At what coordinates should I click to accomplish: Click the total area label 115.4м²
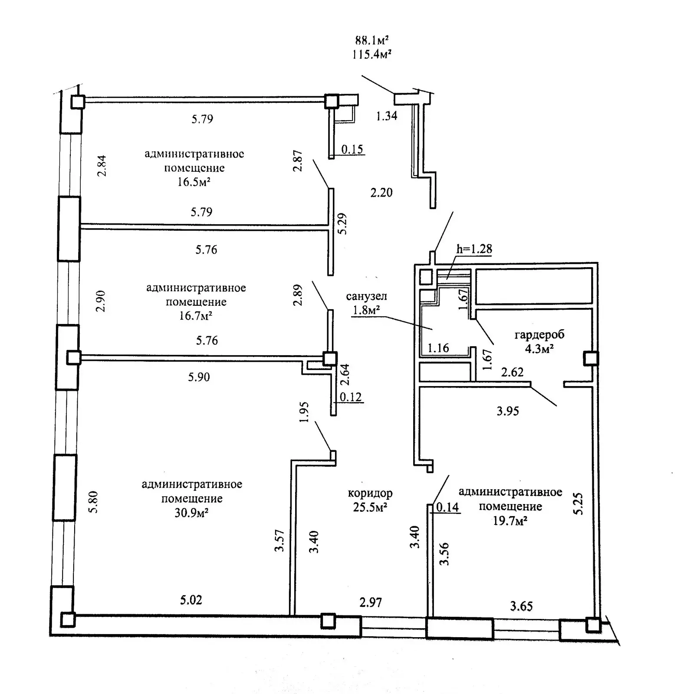coord(371,54)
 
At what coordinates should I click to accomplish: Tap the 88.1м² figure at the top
coord(371,41)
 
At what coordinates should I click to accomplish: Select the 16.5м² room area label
coord(194,182)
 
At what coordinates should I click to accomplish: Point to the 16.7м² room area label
coord(195,315)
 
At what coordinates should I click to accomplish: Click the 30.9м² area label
coord(191,513)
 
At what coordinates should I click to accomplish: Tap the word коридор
coord(370,493)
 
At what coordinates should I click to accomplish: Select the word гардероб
coord(539,335)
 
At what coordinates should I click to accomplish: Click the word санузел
coord(366,296)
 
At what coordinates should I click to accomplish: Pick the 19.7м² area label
coord(510,520)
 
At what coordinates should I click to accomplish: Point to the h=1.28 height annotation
coord(474,249)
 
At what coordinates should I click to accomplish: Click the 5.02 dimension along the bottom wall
coord(191,600)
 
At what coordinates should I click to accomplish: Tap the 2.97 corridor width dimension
coord(371,602)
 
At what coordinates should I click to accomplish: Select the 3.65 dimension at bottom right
coord(521,606)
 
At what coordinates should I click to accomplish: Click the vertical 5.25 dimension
coord(578,503)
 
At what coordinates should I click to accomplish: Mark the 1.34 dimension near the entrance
coord(386,116)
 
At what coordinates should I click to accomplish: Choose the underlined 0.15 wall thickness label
coord(352,150)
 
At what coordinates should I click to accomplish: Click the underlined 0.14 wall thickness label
coord(447,507)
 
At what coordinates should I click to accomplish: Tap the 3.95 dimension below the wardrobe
coord(507,411)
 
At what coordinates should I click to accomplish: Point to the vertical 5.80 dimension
coord(93,502)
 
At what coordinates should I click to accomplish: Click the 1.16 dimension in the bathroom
coord(438,348)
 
